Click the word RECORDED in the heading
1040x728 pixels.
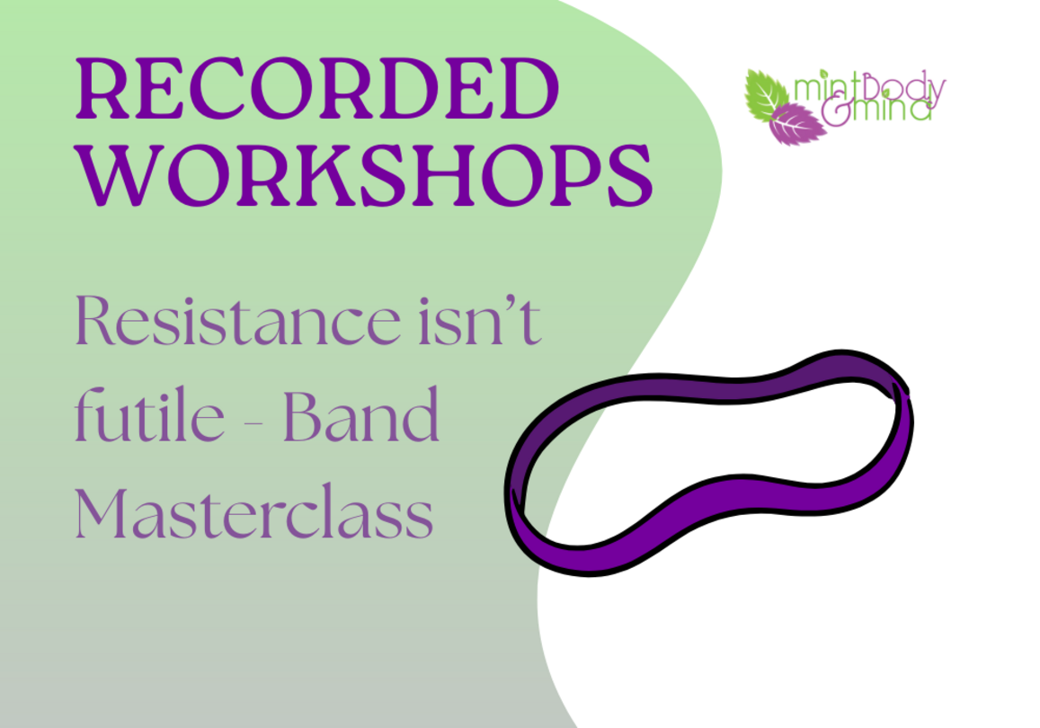tap(317, 89)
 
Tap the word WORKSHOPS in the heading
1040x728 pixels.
tap(364, 174)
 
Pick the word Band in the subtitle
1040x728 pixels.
tap(361, 415)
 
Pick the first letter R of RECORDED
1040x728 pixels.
tap(102, 89)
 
